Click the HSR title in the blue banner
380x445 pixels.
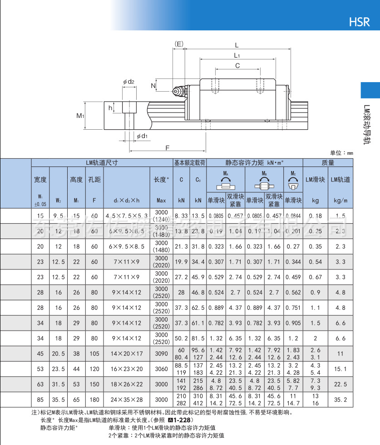click(359, 21)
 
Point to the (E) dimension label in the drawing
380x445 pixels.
click(179, 44)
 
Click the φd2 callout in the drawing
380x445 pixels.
click(128, 82)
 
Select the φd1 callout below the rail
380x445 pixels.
click(142, 136)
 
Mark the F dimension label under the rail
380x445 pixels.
click(167, 148)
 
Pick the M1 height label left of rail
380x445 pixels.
click(80, 116)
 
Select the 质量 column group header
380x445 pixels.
click(328, 162)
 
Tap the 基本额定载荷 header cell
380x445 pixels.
click(190, 162)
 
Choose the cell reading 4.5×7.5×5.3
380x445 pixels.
click(127, 216)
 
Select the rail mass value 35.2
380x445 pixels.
click(341, 400)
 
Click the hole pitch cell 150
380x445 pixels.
click(94, 384)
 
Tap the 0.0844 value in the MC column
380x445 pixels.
click(293, 216)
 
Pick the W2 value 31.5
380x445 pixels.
click(58, 384)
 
